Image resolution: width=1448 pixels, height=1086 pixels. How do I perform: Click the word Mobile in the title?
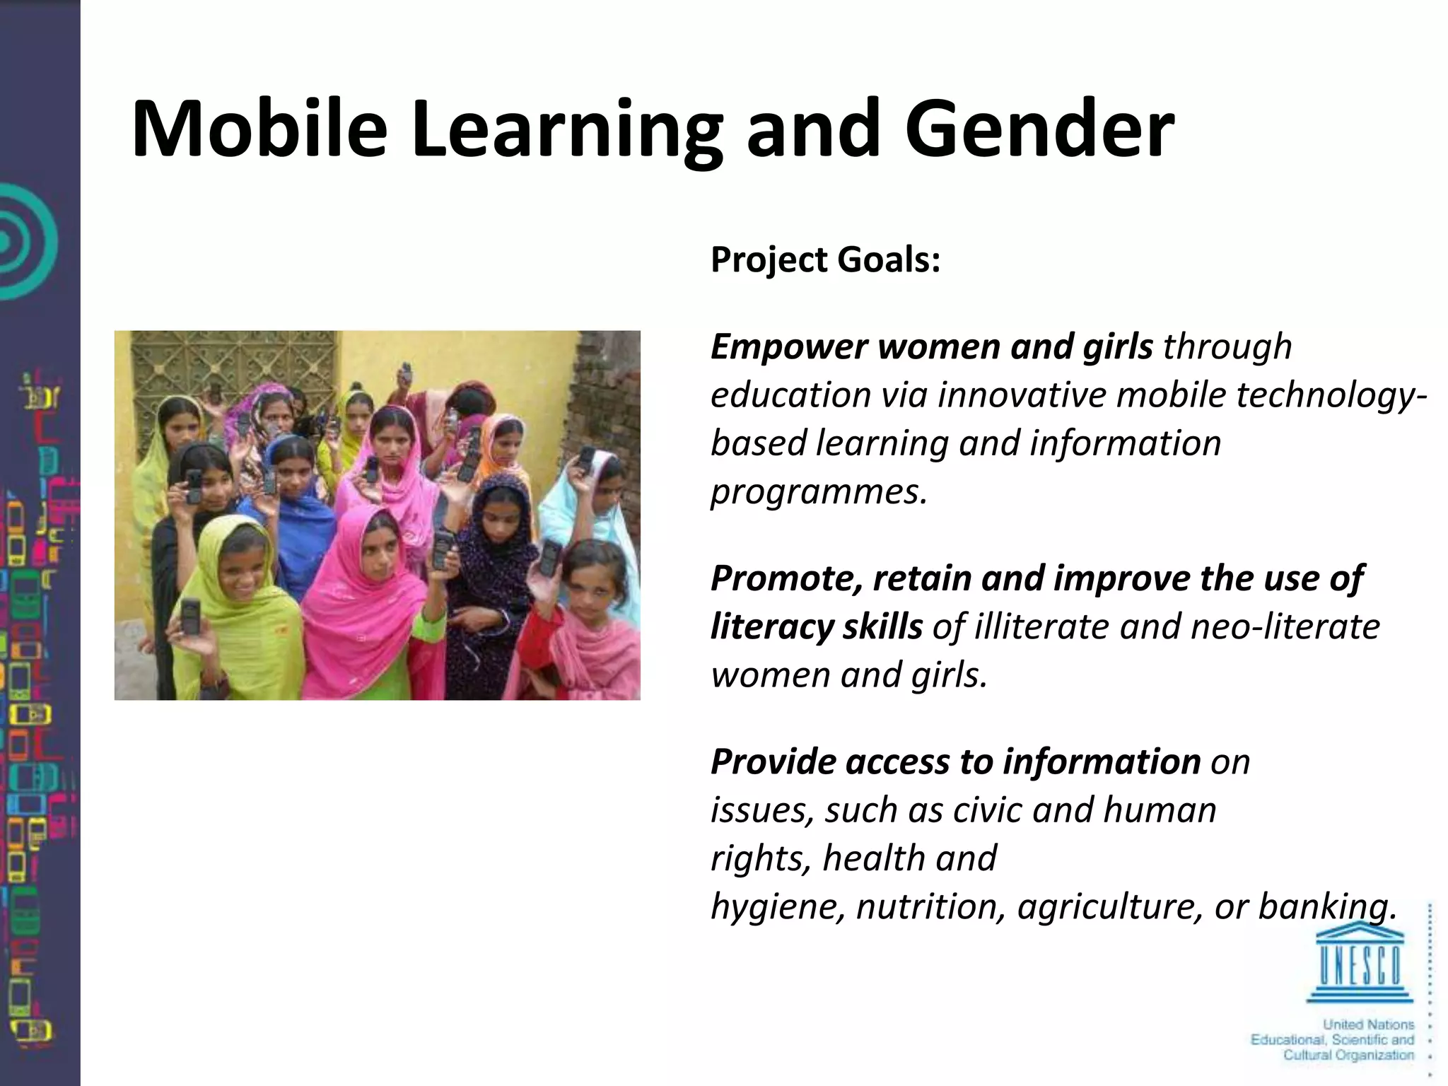click(259, 129)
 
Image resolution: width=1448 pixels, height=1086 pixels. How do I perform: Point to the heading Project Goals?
click(825, 259)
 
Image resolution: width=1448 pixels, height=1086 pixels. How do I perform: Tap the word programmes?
click(818, 492)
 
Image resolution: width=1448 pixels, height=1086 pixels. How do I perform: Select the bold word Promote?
click(786, 578)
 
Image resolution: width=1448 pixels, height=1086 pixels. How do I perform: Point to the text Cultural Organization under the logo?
click(1348, 1056)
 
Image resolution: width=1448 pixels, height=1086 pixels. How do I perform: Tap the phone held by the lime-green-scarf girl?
click(191, 615)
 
